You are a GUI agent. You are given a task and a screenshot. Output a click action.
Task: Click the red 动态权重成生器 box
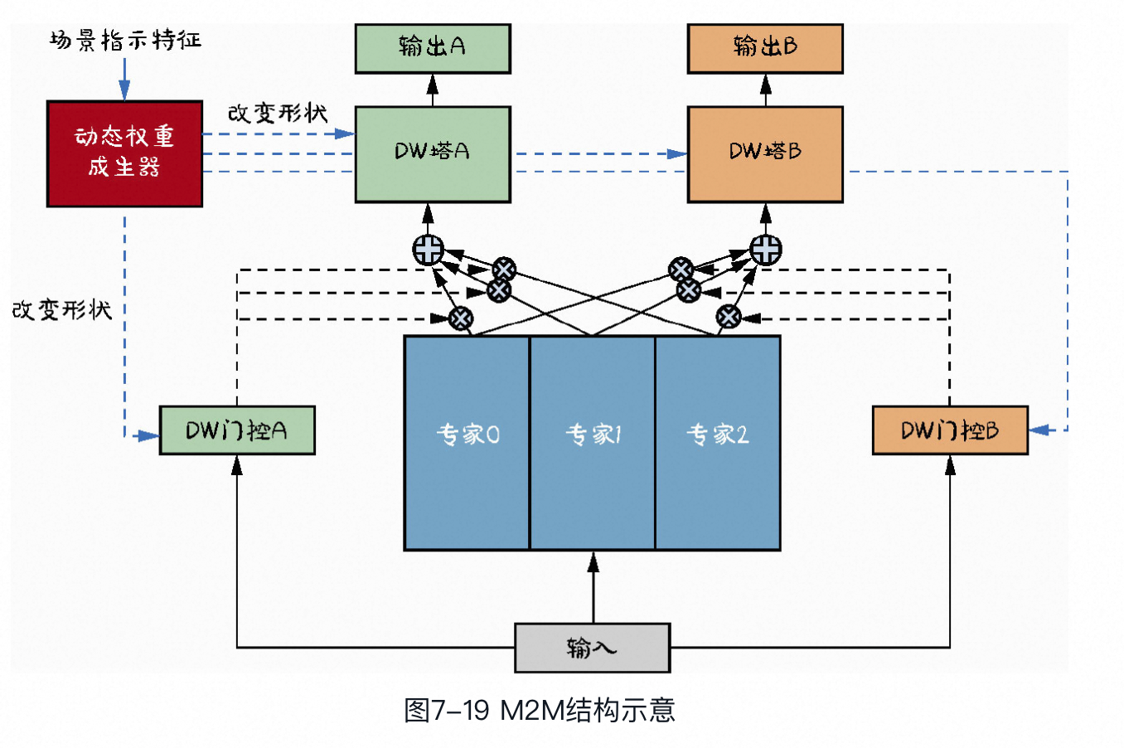pyautogui.click(x=124, y=153)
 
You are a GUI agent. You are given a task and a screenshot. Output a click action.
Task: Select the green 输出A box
pyautogui.click(x=433, y=48)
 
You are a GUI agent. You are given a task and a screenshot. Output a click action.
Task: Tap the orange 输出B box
pyautogui.click(x=765, y=48)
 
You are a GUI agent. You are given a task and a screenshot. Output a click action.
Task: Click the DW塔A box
pyautogui.click(x=433, y=153)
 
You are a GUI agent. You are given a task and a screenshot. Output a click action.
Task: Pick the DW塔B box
pyautogui.click(x=765, y=153)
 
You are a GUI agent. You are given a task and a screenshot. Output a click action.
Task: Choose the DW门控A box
pyautogui.click(x=237, y=430)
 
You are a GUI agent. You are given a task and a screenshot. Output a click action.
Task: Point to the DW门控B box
pyautogui.click(x=950, y=430)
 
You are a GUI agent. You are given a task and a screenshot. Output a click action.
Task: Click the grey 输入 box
pyautogui.click(x=592, y=648)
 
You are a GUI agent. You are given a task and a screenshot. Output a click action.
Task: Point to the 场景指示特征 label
pyautogui.click(x=125, y=40)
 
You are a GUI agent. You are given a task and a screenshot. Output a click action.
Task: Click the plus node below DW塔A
pyautogui.click(x=429, y=250)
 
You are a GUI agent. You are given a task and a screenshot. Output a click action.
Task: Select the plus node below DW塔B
pyautogui.click(x=765, y=250)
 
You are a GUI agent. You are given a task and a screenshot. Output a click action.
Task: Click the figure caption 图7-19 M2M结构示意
pyautogui.click(x=540, y=711)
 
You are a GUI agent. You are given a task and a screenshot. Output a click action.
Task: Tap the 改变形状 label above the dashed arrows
pyautogui.click(x=278, y=113)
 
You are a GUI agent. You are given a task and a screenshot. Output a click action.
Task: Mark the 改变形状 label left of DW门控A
pyautogui.click(x=62, y=309)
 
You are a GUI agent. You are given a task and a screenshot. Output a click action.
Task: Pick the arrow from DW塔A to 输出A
pyautogui.click(x=433, y=90)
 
